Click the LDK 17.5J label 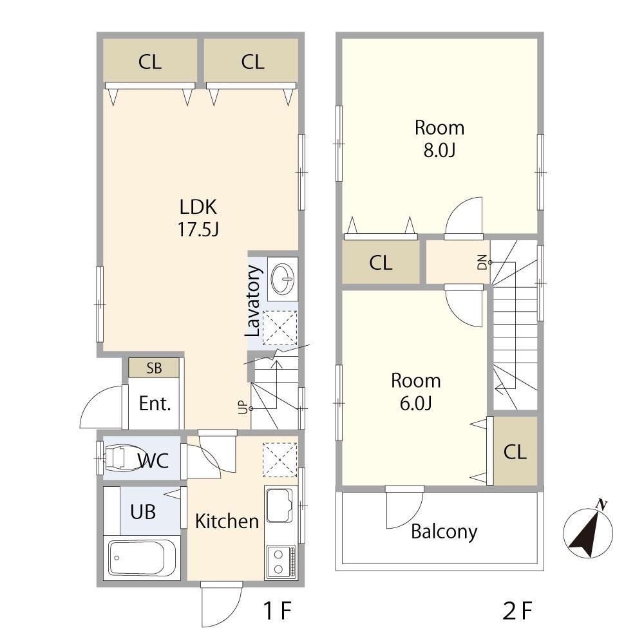[198, 218]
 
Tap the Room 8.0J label [439, 139]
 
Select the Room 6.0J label [415, 392]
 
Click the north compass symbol [588, 530]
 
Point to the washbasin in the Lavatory [283, 278]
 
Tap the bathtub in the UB [142, 558]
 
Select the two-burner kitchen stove [281, 562]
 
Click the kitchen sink [279, 505]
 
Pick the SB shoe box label [154, 368]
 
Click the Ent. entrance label [155, 403]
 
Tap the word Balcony [444, 533]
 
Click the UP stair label [243, 407]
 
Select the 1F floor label [277, 611]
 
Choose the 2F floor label [517, 611]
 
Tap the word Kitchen [227, 521]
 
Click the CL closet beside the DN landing [381, 263]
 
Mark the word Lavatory [253, 301]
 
